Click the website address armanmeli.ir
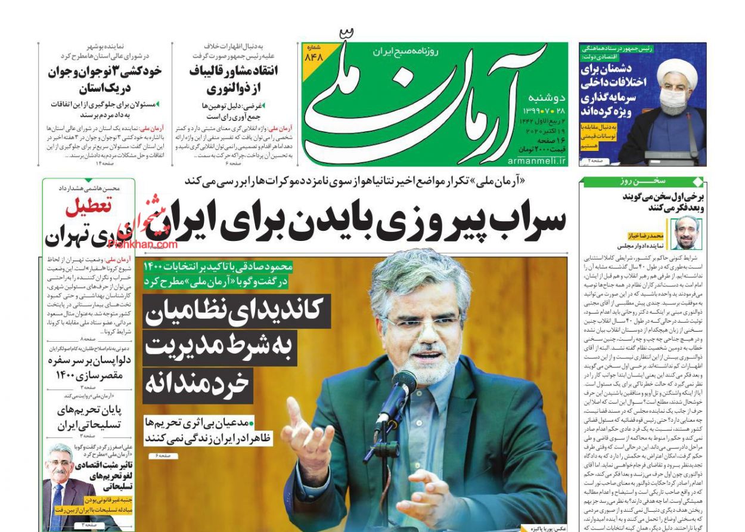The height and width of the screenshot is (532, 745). (x=538, y=161)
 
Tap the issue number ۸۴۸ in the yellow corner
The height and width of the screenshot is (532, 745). (x=313, y=57)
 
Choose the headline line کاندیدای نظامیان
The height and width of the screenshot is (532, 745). (x=235, y=311)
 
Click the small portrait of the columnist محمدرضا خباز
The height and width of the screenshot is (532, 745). (x=687, y=233)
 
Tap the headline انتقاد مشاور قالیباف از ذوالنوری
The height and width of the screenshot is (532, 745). (x=233, y=80)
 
